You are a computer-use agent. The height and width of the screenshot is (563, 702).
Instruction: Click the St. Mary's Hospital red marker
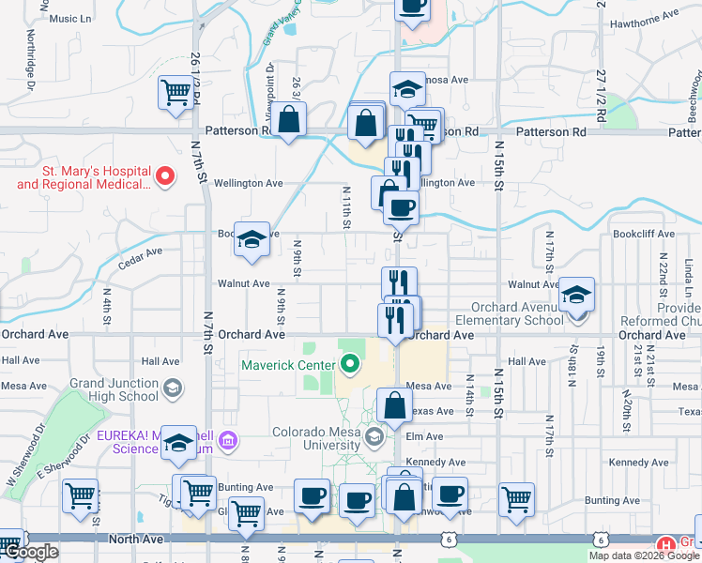(x=165, y=175)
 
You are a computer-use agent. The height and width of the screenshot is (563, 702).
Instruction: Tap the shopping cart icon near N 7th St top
(x=175, y=93)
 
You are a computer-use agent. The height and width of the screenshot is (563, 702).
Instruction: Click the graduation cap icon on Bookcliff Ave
(x=252, y=240)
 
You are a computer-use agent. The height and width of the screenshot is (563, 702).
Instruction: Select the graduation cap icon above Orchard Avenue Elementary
(x=576, y=295)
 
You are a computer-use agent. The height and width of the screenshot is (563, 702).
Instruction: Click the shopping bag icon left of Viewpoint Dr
(x=289, y=121)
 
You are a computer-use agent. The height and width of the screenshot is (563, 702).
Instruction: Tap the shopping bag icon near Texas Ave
(x=395, y=406)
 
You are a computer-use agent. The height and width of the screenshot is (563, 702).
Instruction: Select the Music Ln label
(x=70, y=18)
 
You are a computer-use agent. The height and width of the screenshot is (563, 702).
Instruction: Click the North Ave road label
(x=136, y=539)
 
